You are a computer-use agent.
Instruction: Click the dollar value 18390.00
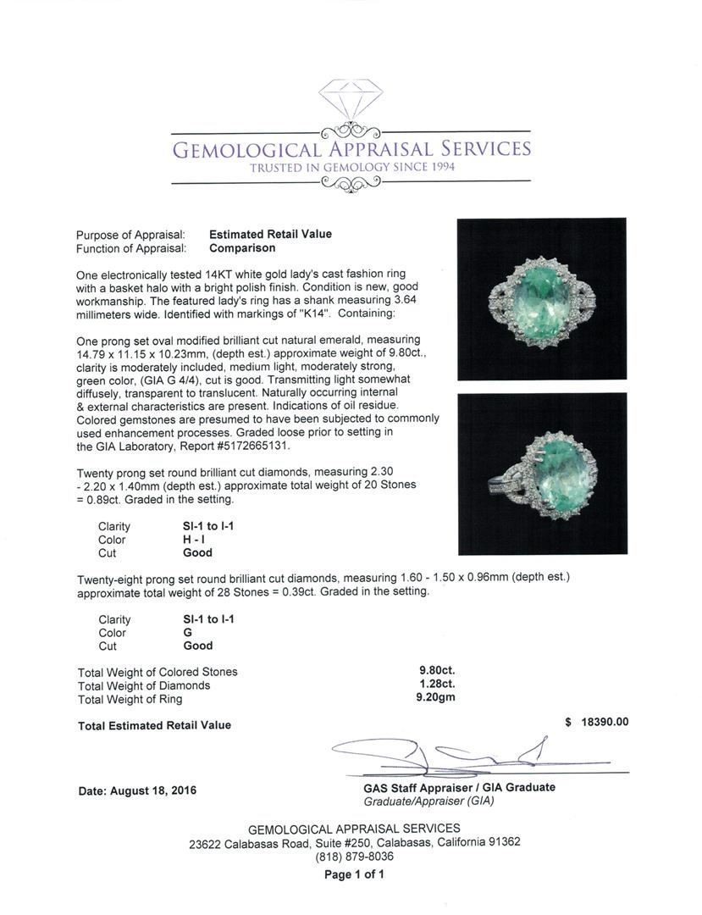coord(604,722)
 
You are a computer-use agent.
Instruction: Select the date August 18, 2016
coord(137,790)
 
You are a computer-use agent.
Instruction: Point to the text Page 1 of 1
coord(354,874)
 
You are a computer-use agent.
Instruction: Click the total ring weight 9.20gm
coord(431,699)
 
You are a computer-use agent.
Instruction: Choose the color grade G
coord(188,632)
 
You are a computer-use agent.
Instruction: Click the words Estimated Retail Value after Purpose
coord(270,234)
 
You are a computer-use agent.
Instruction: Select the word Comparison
coord(242,248)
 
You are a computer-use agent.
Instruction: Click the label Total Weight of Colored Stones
coord(158,672)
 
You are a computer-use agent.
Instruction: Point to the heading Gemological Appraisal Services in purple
coord(351,150)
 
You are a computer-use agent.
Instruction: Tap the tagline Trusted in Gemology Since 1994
coord(352,168)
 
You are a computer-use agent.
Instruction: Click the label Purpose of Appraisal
coord(130,235)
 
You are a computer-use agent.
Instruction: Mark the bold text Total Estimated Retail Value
coord(154,725)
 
